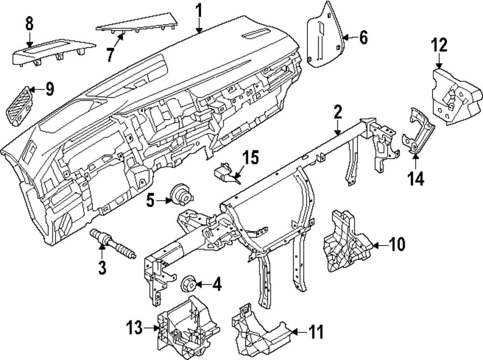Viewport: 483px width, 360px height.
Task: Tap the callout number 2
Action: pyautogui.click(x=337, y=114)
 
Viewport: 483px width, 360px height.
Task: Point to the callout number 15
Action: pyautogui.click(x=251, y=158)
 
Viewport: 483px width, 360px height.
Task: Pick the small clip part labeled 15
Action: pyautogui.click(x=225, y=173)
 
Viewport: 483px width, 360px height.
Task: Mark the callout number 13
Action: pyautogui.click(x=136, y=329)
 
